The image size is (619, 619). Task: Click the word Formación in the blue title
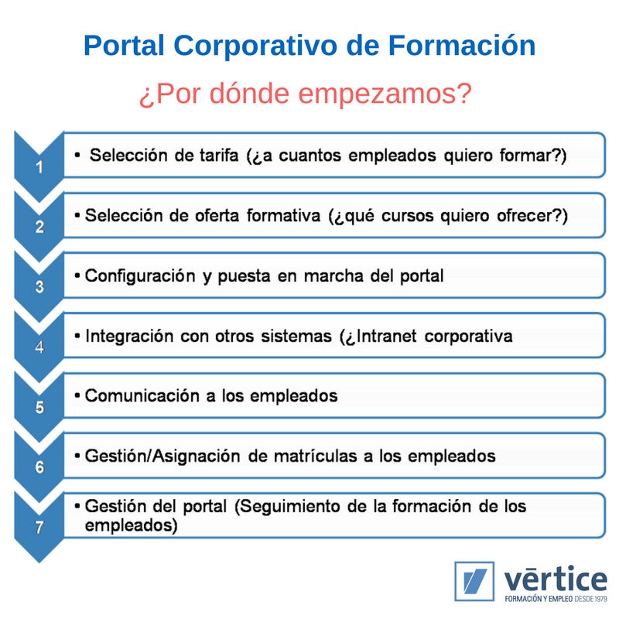[462, 46]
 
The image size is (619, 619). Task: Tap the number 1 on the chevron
[39, 167]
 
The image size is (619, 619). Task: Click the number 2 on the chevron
[39, 227]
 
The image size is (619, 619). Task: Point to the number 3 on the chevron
[39, 287]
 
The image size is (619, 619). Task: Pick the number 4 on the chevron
[39, 347]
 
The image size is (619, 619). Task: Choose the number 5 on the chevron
[39, 407]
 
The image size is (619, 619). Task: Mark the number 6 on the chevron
[39, 467]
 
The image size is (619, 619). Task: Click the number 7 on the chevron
[39, 527]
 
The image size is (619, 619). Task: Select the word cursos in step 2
[408, 216]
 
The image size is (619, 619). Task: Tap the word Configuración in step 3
[140, 276]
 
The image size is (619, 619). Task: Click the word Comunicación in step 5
[142, 396]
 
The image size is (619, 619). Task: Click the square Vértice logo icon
[474, 581]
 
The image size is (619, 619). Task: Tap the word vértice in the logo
[556, 580]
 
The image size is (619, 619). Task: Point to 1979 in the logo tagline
[600, 599]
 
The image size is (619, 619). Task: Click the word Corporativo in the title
[256, 46]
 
